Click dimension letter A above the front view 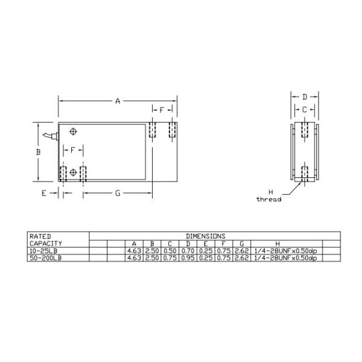117,101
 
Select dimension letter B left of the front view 37,153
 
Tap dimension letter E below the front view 44,193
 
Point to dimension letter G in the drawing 118,193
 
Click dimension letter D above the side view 305,97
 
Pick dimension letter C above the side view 305,109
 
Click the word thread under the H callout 269,199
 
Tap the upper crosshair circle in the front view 74,132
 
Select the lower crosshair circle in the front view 74,173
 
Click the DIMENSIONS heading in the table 206,236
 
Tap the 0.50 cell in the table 170,250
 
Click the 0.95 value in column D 188,258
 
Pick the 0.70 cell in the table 188,250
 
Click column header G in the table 241,243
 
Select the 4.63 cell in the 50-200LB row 133,258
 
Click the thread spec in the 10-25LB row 285,250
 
